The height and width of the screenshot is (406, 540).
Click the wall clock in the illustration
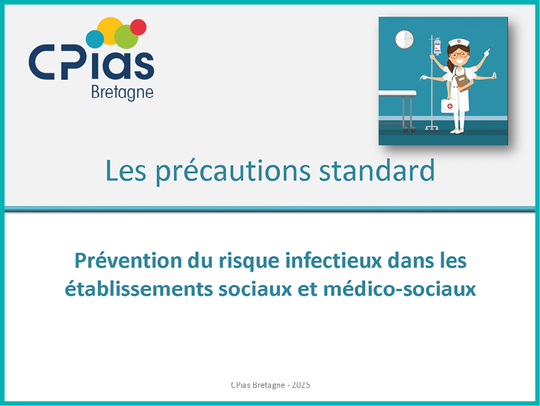(x=404, y=40)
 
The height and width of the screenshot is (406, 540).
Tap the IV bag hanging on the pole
(x=438, y=46)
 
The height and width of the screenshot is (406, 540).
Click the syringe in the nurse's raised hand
(x=488, y=51)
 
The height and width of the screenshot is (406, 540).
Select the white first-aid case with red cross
(x=449, y=105)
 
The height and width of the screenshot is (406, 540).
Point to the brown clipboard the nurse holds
(x=462, y=83)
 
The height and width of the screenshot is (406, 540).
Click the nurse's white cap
(x=459, y=43)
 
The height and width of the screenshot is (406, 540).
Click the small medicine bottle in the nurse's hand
(x=494, y=75)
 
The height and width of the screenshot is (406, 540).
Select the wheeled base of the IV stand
(x=432, y=128)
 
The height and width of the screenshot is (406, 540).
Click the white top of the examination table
(x=397, y=93)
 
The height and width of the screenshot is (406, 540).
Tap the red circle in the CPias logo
(x=138, y=27)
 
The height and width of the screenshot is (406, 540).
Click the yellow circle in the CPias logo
(x=110, y=31)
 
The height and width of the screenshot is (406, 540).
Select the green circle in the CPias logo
(x=126, y=37)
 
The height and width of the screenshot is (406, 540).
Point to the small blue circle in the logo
(x=95, y=40)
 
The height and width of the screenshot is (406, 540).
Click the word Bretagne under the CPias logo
(x=122, y=93)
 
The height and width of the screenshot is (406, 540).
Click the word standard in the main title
(x=376, y=170)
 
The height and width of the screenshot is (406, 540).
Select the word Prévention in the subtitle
(x=128, y=260)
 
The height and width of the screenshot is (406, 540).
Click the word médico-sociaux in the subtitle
(x=400, y=288)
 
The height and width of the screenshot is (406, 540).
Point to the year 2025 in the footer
(x=301, y=384)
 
